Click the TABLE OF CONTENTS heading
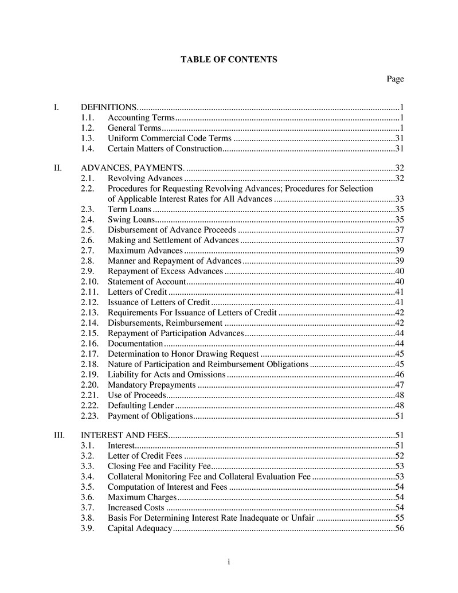229,59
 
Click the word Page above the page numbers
395,79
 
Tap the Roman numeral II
57,168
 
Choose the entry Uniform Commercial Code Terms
170,138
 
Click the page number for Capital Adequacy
400,528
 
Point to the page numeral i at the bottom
229,561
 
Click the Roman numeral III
59,435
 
